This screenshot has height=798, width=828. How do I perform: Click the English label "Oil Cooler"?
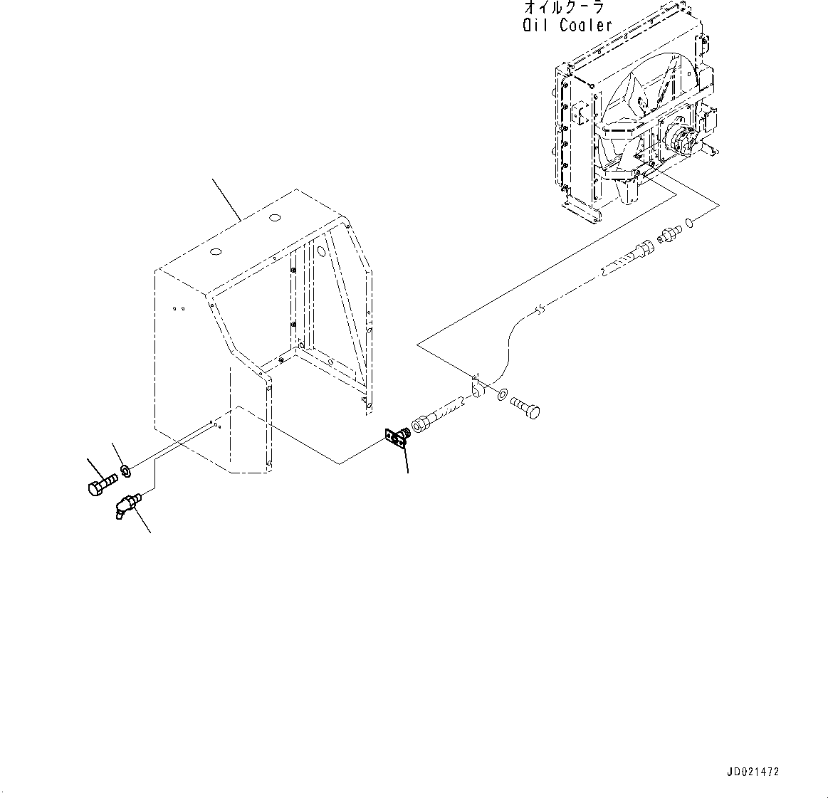click(x=567, y=26)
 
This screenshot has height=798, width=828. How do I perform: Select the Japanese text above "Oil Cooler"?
click(x=564, y=8)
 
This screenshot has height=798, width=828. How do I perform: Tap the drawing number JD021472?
click(x=753, y=772)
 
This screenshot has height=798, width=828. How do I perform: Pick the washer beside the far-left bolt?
click(x=126, y=471)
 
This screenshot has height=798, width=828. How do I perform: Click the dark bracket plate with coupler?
click(x=394, y=438)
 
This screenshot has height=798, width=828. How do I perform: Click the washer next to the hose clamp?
click(x=503, y=394)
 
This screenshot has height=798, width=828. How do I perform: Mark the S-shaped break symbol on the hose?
click(x=540, y=309)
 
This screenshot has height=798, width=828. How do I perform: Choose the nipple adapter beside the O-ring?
click(x=670, y=234)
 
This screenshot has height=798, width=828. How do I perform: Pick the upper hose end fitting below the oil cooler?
click(x=643, y=250)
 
